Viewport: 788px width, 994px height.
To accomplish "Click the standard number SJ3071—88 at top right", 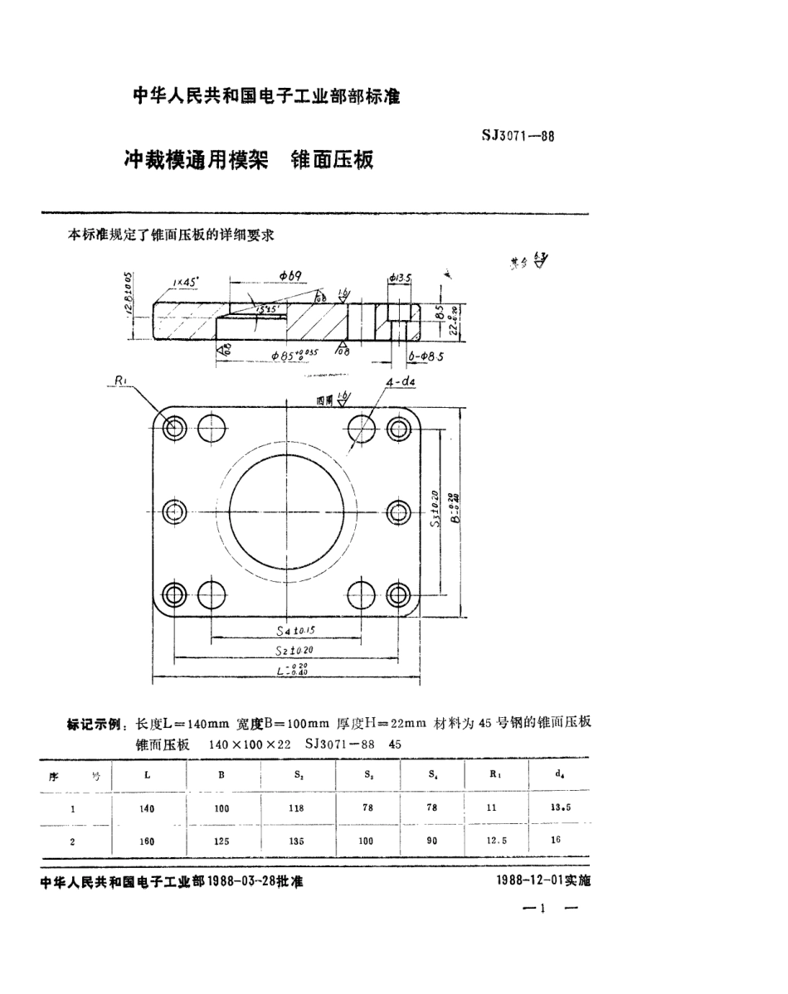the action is [518, 136].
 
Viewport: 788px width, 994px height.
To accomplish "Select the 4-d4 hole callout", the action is [399, 383].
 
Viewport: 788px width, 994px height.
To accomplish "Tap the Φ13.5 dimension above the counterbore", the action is [400, 279].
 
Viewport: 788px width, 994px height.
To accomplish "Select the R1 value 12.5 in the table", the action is [498, 840].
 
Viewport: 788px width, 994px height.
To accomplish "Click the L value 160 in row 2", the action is [148, 841].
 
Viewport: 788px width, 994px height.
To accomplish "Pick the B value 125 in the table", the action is [221, 841].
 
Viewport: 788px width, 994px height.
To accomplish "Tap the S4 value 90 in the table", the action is [431, 841].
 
